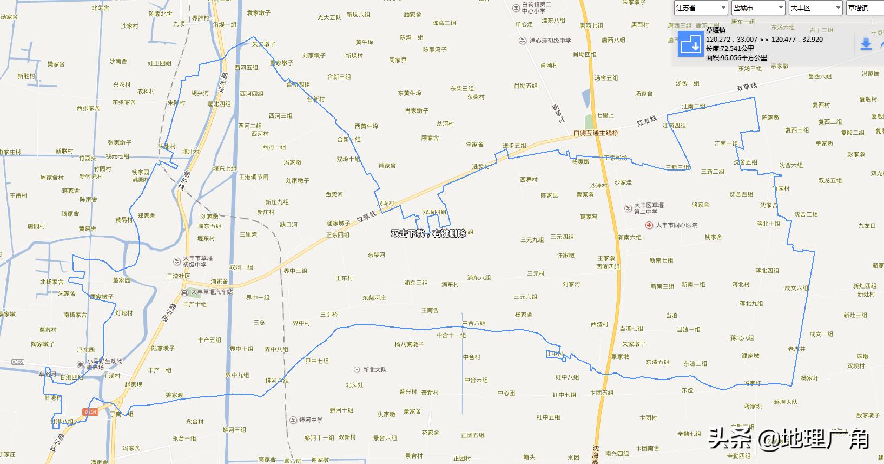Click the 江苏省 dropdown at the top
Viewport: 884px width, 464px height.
pos(701,8)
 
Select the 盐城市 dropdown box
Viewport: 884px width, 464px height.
pos(758,8)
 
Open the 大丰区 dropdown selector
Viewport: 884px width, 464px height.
pos(815,8)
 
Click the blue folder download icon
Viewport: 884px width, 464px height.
pos(690,44)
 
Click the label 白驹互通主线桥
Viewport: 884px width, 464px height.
pos(595,133)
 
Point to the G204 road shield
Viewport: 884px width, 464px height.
pos(90,412)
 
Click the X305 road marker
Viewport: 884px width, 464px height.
pos(18,362)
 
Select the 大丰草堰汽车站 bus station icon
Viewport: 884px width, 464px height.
pos(186,292)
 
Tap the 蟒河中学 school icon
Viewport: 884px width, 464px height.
pos(293,420)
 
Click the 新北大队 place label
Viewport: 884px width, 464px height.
pos(374,370)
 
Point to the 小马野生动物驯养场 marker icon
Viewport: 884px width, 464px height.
pos(80,363)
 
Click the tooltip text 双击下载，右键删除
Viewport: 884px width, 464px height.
pos(428,233)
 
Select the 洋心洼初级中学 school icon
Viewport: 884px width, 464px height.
pos(523,41)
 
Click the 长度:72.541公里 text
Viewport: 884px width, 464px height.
pos(730,49)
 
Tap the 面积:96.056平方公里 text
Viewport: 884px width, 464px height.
pos(736,57)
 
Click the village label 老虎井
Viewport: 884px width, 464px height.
pos(796,349)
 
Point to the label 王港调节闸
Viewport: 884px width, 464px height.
pos(254,177)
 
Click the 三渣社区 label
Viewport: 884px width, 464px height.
pos(179,276)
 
